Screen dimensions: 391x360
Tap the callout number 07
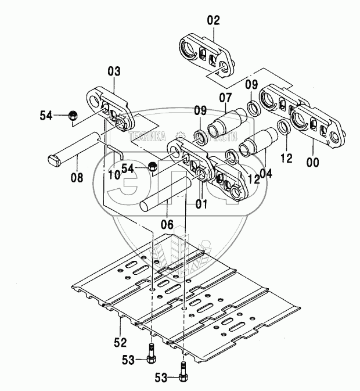225,97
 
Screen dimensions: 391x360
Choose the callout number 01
201,204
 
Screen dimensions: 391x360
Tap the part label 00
313,164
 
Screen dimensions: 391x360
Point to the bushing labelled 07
231,121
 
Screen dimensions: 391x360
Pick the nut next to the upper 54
74,116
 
